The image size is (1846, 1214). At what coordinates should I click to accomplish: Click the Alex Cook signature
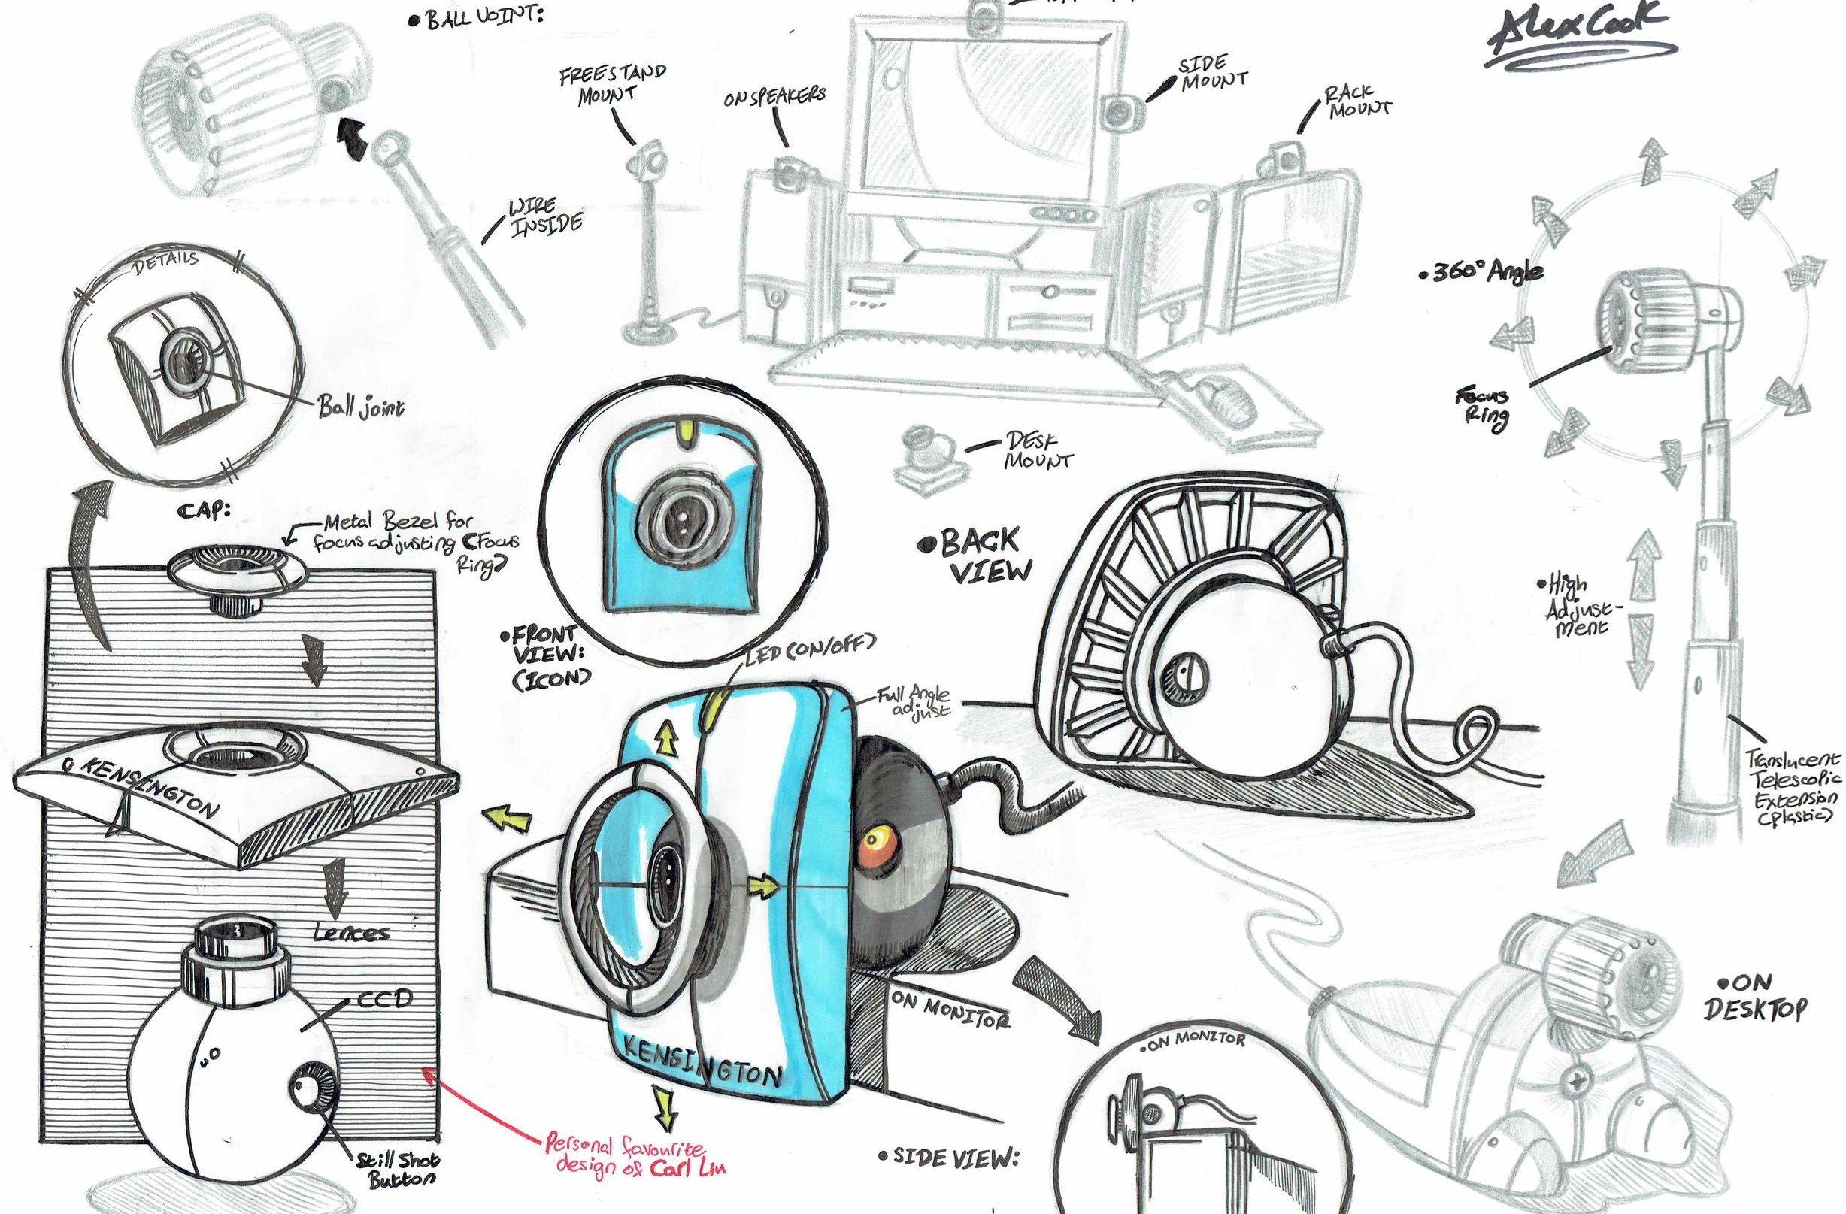point(1575,35)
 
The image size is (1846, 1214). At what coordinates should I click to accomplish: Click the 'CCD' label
point(384,999)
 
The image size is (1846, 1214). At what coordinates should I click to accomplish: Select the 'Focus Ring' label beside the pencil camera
point(1484,406)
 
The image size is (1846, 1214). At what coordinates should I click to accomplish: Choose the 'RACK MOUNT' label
point(1357,101)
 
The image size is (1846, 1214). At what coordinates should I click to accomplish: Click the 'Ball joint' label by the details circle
point(360,406)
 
